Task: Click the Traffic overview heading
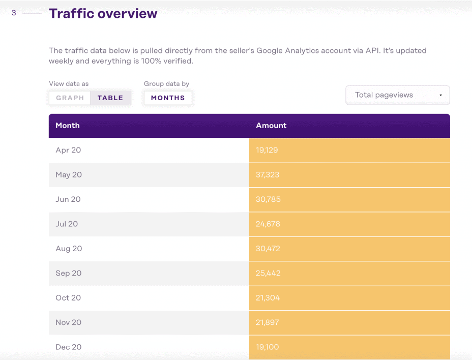click(x=103, y=14)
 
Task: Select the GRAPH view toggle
click(x=70, y=98)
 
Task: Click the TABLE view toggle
click(x=110, y=98)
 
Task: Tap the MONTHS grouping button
click(x=168, y=98)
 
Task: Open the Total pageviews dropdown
click(x=397, y=95)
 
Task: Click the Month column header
click(x=68, y=126)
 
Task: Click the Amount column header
click(x=271, y=126)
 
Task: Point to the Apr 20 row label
click(x=68, y=150)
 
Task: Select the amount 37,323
click(x=267, y=175)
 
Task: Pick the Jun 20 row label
click(x=68, y=199)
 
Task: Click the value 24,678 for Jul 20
click(x=268, y=224)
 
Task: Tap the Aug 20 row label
click(x=69, y=249)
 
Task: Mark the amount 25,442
click(x=268, y=274)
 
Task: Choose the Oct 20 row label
click(x=68, y=298)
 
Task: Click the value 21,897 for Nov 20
click(x=267, y=323)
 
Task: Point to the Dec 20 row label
click(x=68, y=347)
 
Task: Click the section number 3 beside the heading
click(x=14, y=13)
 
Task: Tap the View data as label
click(x=69, y=84)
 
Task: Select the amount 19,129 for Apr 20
click(x=267, y=151)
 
